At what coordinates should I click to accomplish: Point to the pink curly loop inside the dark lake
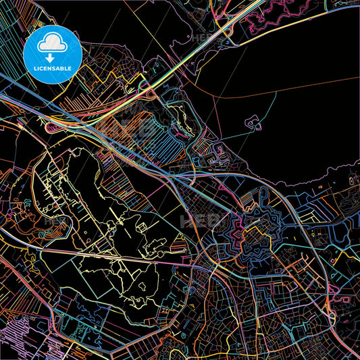pyautogui.click(x=253, y=123)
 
